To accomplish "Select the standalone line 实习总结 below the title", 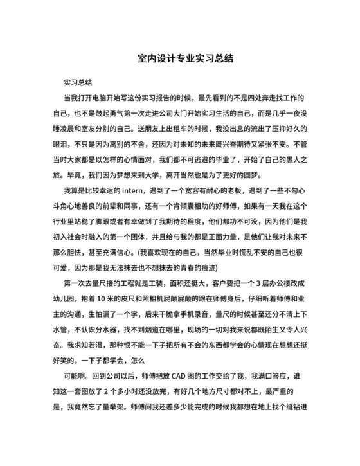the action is click(78, 83).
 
